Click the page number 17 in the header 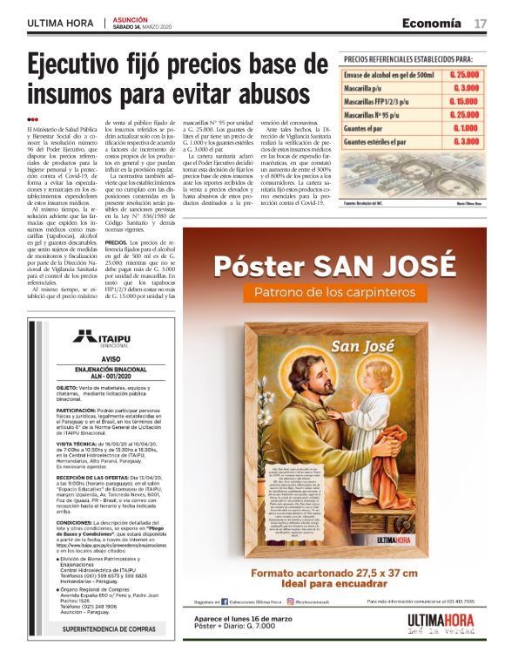[481, 22]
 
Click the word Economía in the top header [432, 22]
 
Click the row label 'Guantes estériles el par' [375, 141]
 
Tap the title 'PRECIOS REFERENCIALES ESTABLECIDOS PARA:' [414, 58]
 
